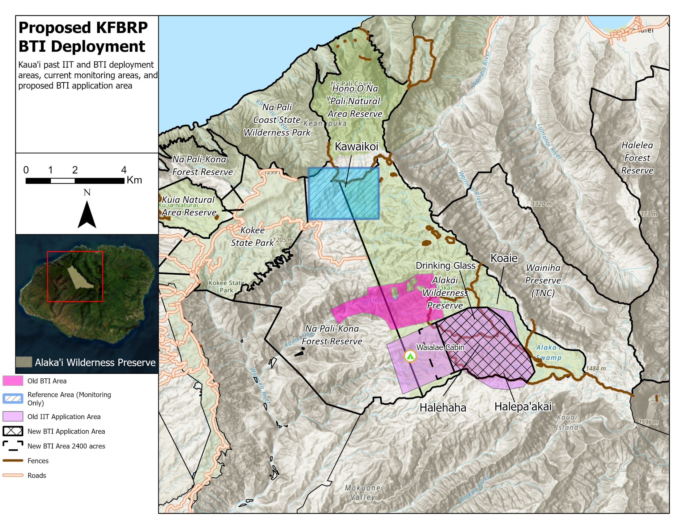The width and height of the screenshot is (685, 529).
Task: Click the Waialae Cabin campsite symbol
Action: tap(410, 356)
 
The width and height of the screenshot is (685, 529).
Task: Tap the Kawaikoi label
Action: tap(356, 147)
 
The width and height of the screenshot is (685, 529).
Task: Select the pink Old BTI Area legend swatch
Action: tap(13, 381)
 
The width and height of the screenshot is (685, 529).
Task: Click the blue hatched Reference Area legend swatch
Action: tap(13, 398)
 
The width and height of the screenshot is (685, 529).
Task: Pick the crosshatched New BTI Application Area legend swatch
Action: tap(13, 431)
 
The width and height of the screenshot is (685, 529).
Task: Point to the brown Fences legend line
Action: tap(13, 460)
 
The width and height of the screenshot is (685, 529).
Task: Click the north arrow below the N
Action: tap(87, 216)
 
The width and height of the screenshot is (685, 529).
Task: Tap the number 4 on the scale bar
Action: tap(124, 170)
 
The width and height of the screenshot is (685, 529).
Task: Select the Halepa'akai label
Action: tap(523, 407)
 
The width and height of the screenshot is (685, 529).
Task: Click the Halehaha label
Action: tap(443, 408)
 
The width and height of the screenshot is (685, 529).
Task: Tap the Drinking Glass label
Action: tap(445, 266)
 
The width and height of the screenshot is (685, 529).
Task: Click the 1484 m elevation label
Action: tap(596, 369)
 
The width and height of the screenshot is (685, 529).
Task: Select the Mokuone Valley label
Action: tap(363, 492)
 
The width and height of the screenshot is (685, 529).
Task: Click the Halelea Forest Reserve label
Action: tap(637, 158)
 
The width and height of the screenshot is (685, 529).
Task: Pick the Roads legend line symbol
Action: tap(13, 475)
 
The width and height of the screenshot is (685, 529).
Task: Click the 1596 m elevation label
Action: tap(648, 422)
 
